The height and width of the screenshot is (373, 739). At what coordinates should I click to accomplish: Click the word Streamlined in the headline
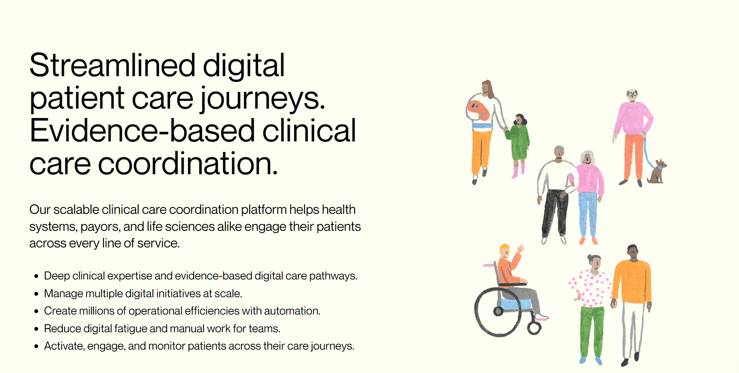(112, 66)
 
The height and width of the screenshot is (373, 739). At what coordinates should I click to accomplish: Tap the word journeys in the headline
(262, 98)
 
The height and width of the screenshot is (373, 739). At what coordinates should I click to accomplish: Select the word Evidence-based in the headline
(142, 131)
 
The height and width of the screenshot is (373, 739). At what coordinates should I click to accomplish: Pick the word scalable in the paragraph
(76, 210)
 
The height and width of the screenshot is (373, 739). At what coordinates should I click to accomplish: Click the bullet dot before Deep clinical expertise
(36, 276)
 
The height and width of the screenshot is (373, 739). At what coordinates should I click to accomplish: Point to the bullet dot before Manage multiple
(36, 294)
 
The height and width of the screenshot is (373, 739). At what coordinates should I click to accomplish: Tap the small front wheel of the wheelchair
(534, 328)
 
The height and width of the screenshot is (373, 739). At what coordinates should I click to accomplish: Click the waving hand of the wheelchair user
(521, 249)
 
